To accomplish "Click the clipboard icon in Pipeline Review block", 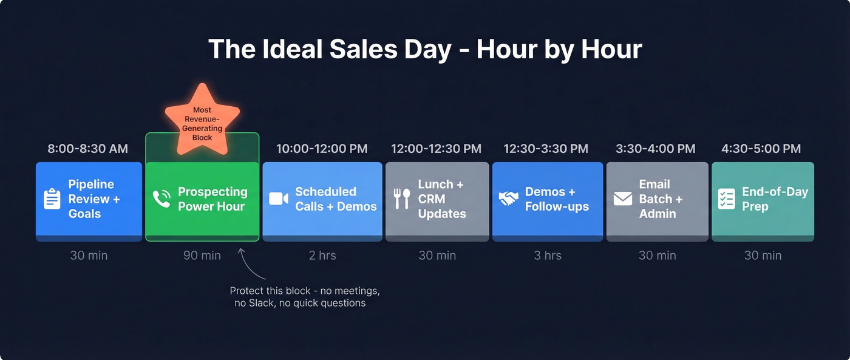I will point(52,199).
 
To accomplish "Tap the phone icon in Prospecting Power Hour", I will point(161,199).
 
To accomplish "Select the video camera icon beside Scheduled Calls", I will point(279,199).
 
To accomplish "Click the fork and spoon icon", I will point(402,199).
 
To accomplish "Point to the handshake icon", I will point(509,199).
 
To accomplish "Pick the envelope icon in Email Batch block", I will point(623,199).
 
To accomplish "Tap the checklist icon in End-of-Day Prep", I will point(726,199).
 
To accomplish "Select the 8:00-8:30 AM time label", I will point(88,149).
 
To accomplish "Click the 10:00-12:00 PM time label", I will point(322,149).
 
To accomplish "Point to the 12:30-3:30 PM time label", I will point(546,149).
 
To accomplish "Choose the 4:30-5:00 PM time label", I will point(761,149).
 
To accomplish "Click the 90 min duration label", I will point(202,256).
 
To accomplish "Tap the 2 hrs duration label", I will point(322,256).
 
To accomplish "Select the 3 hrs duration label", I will point(548,256).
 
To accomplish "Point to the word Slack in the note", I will point(261,302).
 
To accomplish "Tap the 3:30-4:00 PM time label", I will point(655,149).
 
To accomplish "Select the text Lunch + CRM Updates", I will point(442,199).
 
